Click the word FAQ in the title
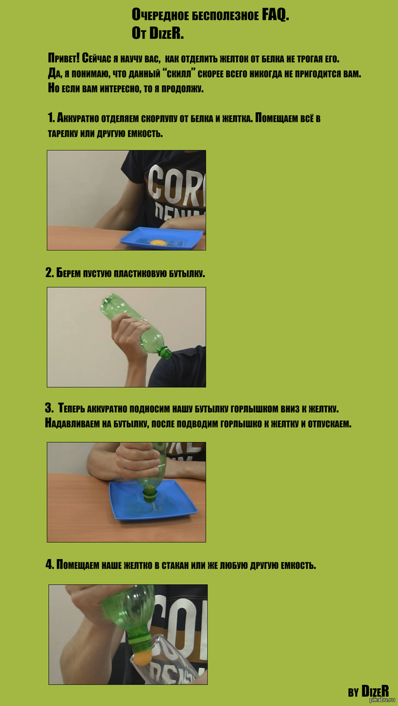(x=275, y=15)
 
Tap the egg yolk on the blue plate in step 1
(x=158, y=243)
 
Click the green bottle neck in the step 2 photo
(x=164, y=352)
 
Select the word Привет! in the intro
(x=64, y=58)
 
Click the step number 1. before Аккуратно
(x=51, y=118)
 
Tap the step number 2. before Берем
(x=49, y=273)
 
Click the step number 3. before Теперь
(x=49, y=408)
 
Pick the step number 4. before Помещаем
(x=49, y=565)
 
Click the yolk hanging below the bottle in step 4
(x=143, y=658)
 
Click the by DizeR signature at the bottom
(x=368, y=692)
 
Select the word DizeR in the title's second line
(x=166, y=33)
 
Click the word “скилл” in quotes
(x=180, y=73)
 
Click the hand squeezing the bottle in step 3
(x=138, y=459)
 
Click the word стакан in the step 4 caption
(x=175, y=565)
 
